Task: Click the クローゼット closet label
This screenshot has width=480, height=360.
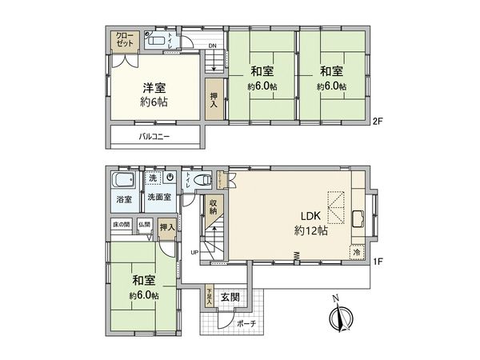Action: point(125,40)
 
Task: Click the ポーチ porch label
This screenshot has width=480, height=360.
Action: point(246,324)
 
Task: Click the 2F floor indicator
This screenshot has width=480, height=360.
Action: point(378,122)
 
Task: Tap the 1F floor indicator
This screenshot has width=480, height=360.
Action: point(378,261)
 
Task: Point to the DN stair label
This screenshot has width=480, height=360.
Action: point(212,46)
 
